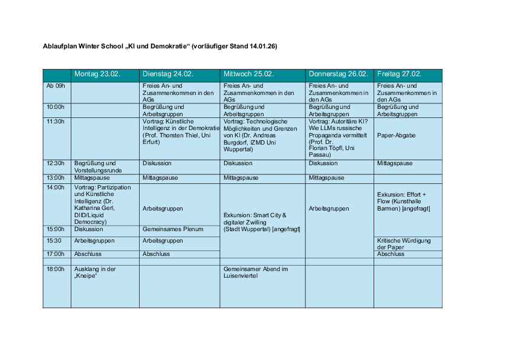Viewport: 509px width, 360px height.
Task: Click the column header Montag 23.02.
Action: [x=97, y=74]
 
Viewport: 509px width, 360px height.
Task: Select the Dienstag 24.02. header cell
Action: [x=167, y=74]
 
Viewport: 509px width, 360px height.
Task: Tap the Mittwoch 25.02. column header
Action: [x=248, y=74]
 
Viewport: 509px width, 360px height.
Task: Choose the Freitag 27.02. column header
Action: [x=399, y=74]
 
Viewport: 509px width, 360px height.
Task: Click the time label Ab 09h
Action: [x=56, y=86]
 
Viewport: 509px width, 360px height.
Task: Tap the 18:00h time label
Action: [x=56, y=269]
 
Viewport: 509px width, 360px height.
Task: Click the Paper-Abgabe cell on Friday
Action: [x=396, y=136]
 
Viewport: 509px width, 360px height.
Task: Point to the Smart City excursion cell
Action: [x=261, y=222]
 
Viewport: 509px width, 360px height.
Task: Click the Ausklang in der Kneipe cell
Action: [x=95, y=272]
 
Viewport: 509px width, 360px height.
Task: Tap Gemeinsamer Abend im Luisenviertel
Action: [x=255, y=272]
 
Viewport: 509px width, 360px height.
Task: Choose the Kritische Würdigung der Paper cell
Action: [x=404, y=244]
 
